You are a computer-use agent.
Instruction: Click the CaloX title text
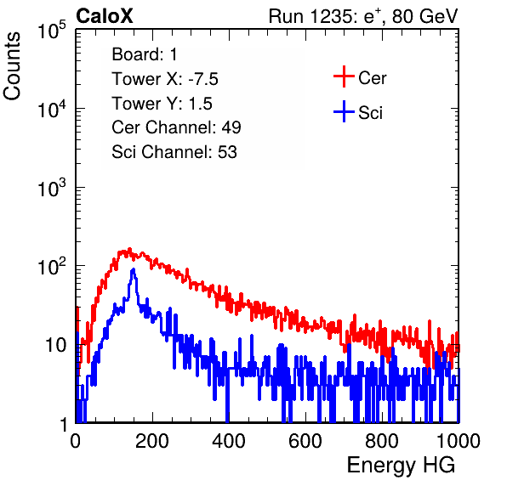click(x=105, y=16)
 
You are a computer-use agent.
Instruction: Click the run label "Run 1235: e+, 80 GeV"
click(x=363, y=16)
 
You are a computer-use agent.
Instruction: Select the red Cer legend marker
click(x=344, y=76)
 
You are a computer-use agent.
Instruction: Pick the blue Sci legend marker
click(x=344, y=111)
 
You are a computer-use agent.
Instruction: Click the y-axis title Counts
click(x=12, y=66)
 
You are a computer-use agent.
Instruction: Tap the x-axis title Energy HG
click(x=401, y=466)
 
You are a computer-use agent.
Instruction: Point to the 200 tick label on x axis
click(x=152, y=441)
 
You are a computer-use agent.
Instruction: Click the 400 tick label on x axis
click(x=229, y=441)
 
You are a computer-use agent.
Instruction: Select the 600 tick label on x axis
click(x=305, y=441)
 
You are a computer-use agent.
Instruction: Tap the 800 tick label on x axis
click(x=382, y=441)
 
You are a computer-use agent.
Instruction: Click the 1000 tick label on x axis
click(x=459, y=441)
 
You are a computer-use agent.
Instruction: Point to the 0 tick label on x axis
click(x=76, y=441)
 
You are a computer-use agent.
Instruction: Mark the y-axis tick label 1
click(x=64, y=424)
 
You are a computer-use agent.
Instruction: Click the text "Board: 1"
click(x=145, y=54)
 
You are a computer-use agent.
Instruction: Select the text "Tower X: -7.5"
click(x=165, y=79)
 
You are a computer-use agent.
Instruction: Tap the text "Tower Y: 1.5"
click(x=162, y=104)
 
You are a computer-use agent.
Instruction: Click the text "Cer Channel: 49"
click(x=176, y=127)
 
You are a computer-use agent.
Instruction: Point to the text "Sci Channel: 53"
click(x=174, y=152)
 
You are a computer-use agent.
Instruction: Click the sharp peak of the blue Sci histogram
click(x=133, y=269)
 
